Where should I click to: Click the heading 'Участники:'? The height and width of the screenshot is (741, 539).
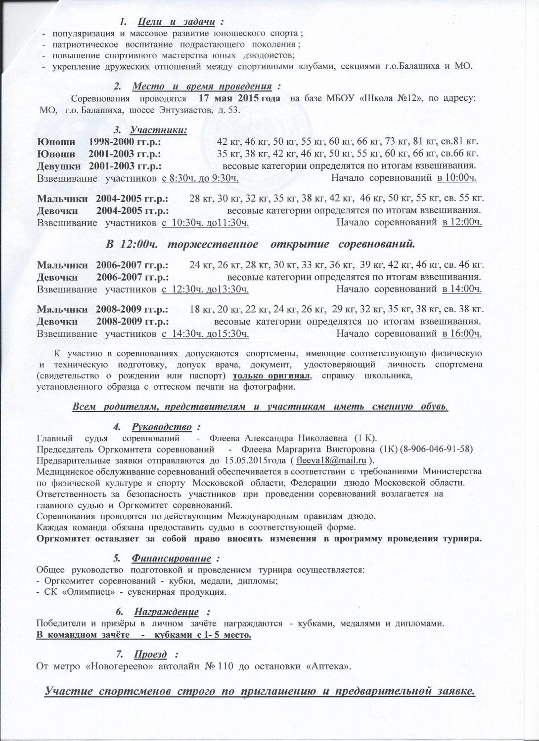(x=158, y=130)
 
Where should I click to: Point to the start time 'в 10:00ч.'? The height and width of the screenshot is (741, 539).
(x=456, y=178)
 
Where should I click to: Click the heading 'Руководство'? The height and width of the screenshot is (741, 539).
(x=161, y=426)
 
